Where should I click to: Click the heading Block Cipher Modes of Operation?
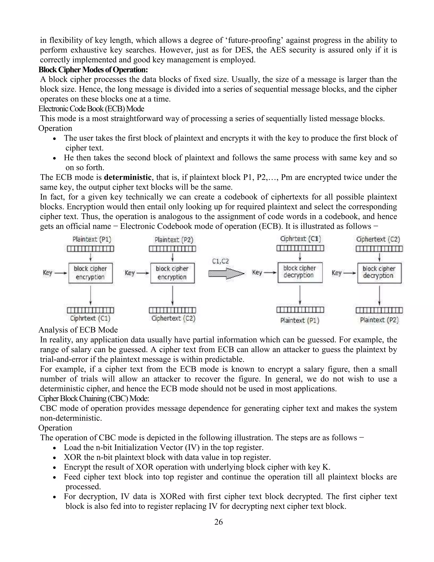(x=93, y=70)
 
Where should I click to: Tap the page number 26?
(x=218, y=522)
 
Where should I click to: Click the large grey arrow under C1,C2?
(x=226, y=273)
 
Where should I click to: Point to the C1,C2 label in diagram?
(x=220, y=261)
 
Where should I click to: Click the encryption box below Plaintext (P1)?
(x=90, y=273)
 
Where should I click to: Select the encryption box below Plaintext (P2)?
(x=172, y=273)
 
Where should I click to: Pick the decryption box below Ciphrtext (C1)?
(x=300, y=272)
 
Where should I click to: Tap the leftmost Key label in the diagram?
(x=47, y=273)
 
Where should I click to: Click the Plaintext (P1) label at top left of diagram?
(x=92, y=239)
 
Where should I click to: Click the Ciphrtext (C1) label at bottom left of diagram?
(x=90, y=318)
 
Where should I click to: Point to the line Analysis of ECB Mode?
(x=78, y=330)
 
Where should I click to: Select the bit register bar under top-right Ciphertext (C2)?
(x=379, y=249)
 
